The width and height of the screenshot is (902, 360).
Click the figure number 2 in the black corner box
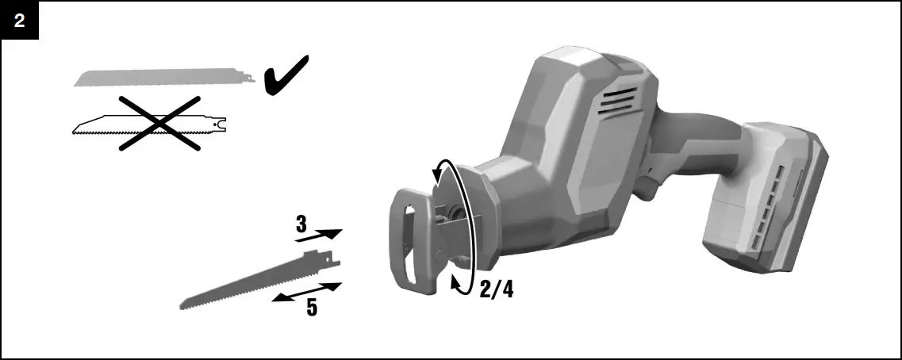pyautogui.click(x=19, y=21)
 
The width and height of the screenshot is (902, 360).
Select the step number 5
pyautogui.click(x=312, y=307)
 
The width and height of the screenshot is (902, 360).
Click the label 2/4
pyautogui.click(x=497, y=290)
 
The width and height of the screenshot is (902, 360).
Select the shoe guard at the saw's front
pyautogui.click(x=412, y=238)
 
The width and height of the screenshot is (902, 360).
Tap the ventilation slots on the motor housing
pyautogui.click(x=619, y=101)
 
